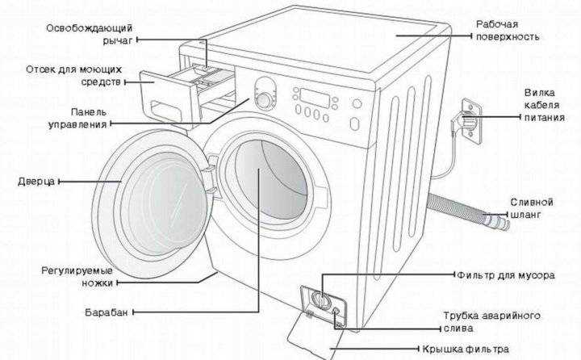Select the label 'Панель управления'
tap(77, 119)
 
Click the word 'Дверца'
tap(36, 181)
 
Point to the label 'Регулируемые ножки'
tap(77, 275)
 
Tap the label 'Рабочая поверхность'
tap(507, 31)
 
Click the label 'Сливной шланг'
tap(531, 208)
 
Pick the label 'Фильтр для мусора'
tap(504, 275)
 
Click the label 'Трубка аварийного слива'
tap(491, 321)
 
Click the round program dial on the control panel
tap(264, 99)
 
